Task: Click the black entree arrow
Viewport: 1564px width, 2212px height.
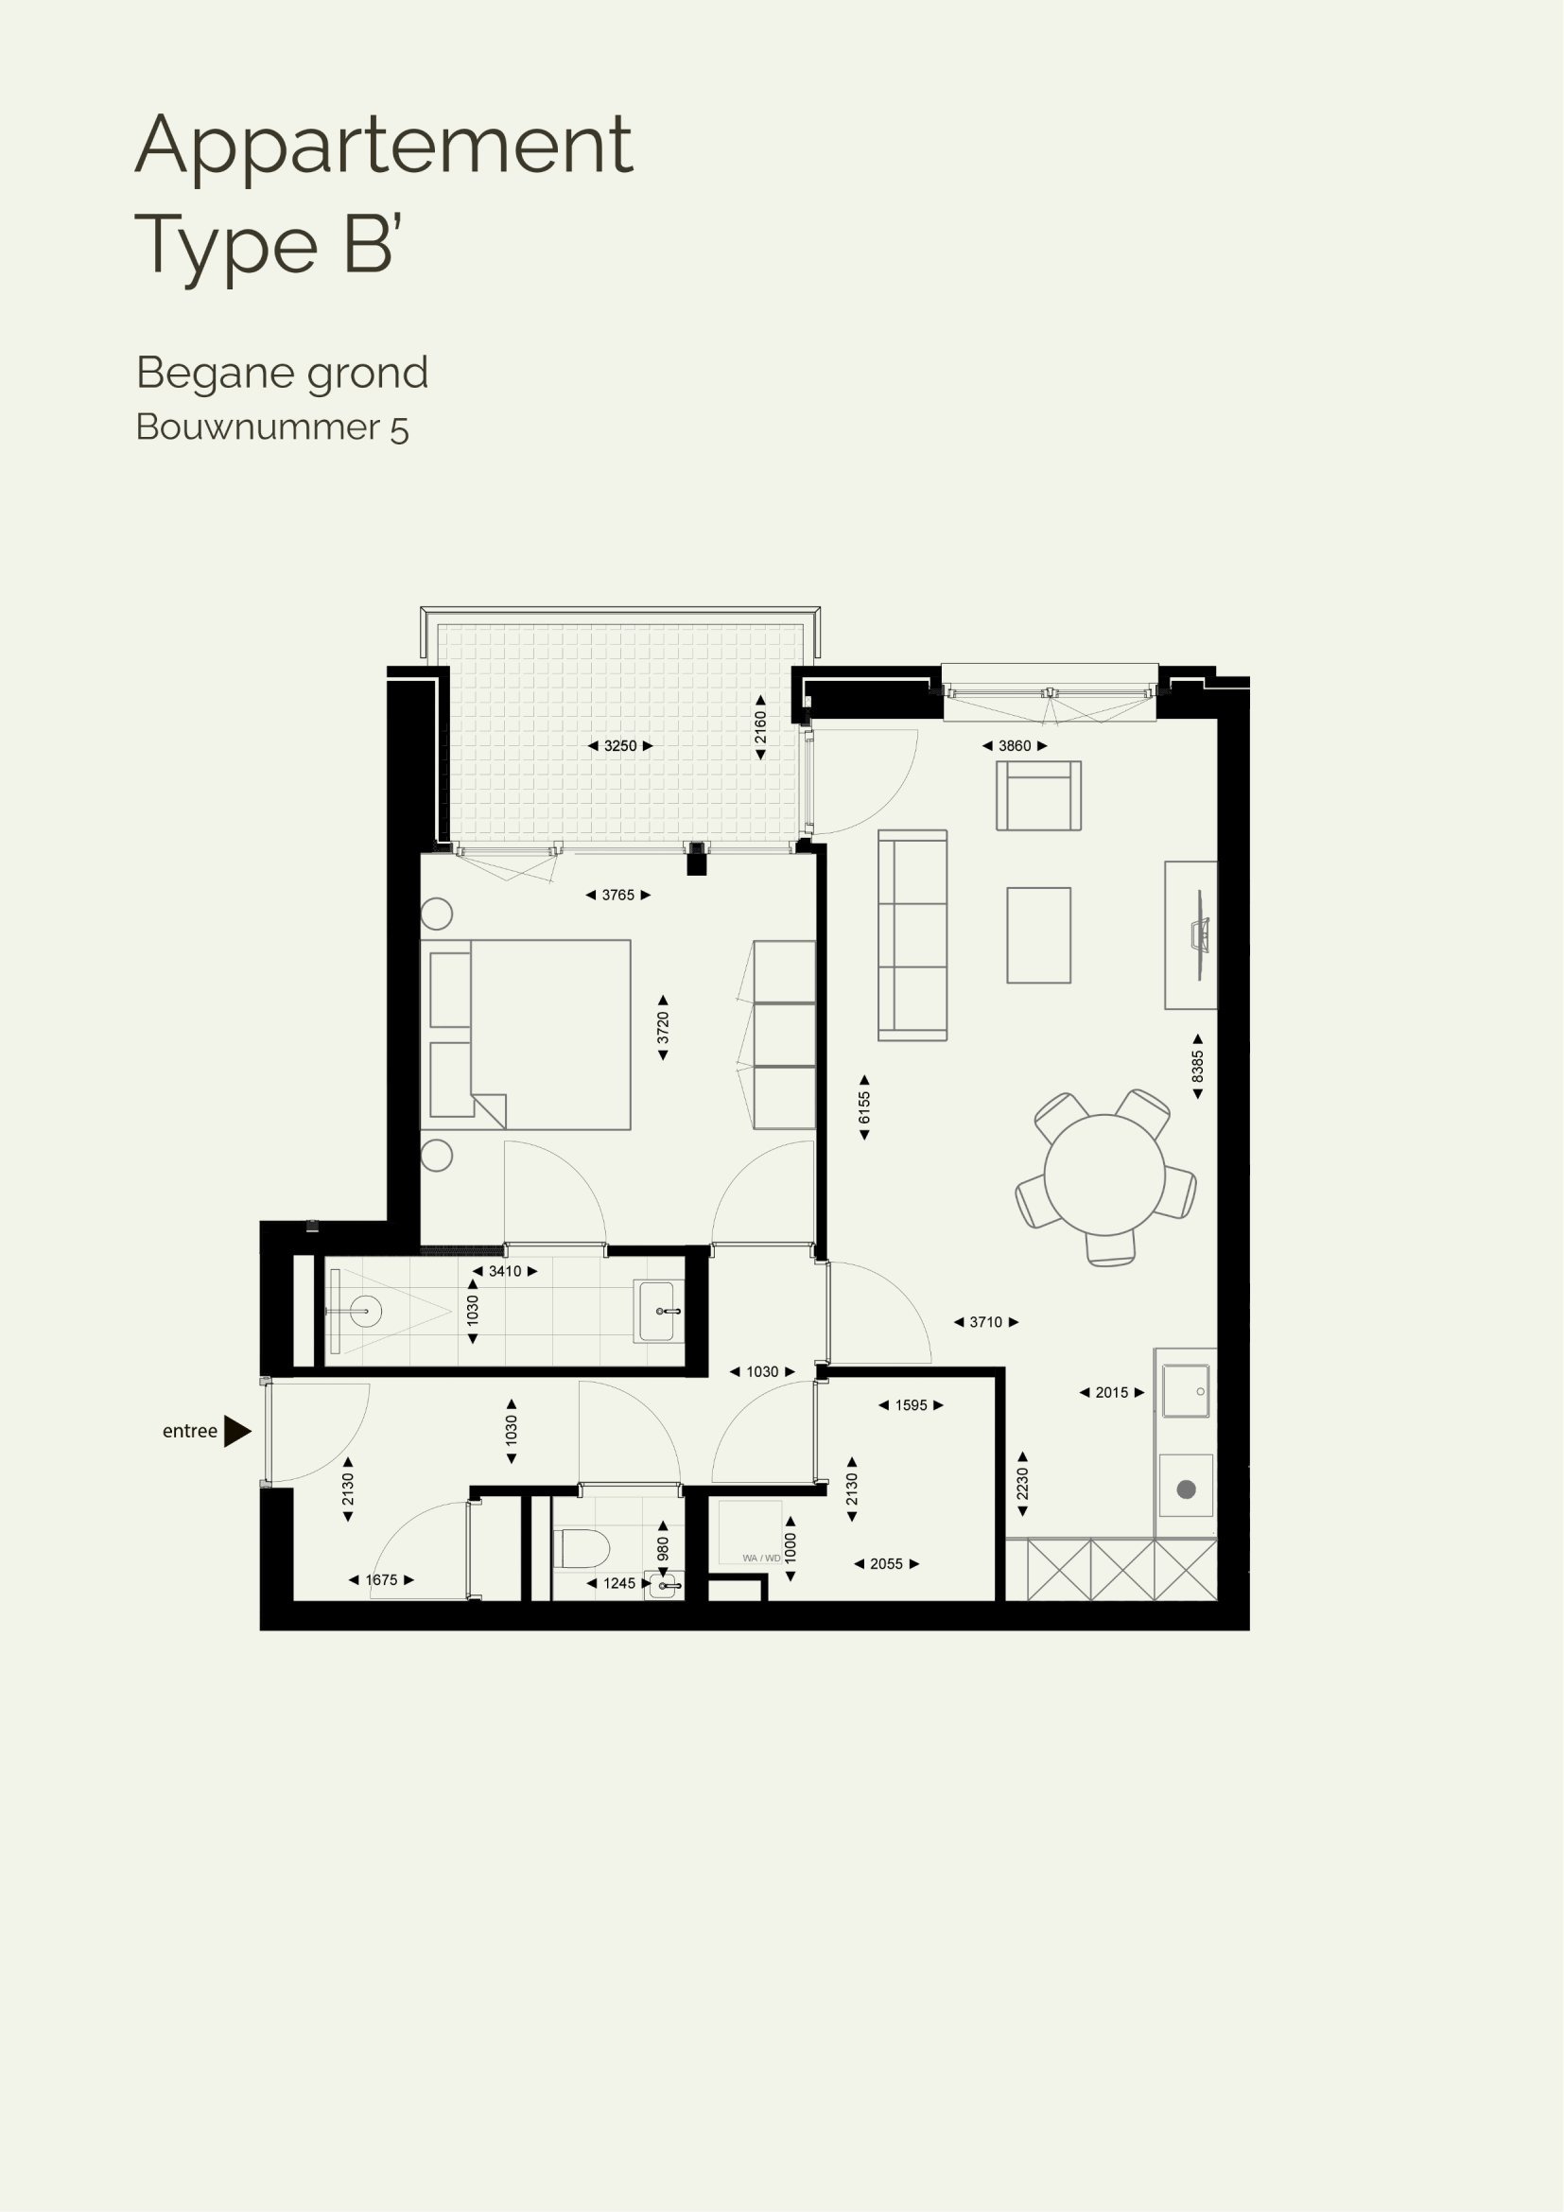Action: [237, 1431]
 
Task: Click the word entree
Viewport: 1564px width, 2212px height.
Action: [190, 1432]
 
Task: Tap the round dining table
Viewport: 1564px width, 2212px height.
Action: [1104, 1175]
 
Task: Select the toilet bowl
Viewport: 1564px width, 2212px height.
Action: [585, 1549]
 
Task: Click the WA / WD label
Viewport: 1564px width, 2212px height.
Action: [761, 1558]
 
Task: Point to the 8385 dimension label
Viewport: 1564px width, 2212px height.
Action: [1198, 1067]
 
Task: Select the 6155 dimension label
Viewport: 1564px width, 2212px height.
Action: [864, 1108]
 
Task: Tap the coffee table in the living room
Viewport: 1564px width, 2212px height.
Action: [1038, 935]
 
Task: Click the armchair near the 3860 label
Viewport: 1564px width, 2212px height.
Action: [1038, 795]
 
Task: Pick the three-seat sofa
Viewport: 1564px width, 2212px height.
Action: [912, 935]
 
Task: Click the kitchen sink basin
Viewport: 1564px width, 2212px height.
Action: [1186, 1391]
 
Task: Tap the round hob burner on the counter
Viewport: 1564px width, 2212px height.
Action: [1187, 1489]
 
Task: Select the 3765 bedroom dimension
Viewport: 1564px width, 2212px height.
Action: [618, 895]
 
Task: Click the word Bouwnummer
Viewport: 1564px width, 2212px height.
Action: [258, 427]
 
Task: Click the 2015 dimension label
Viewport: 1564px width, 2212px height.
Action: [1111, 1392]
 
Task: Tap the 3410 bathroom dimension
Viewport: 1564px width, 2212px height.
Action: [505, 1271]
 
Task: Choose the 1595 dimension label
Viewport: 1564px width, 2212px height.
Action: [911, 1404]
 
